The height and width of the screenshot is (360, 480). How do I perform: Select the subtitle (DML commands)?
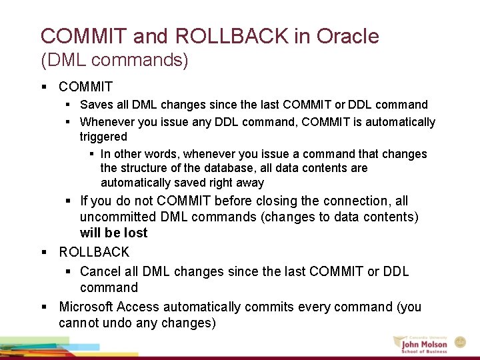pos(115,61)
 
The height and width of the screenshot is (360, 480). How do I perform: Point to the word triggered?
pos(103,137)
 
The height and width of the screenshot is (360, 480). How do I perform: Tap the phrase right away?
pos(237,183)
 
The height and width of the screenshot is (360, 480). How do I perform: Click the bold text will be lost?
pos(113,233)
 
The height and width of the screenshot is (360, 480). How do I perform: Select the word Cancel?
pos(99,271)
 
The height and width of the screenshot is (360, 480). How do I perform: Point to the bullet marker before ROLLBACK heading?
pos(43,253)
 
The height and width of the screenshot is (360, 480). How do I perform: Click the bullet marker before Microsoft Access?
pos(43,307)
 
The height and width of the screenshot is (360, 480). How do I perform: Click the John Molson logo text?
pos(424,344)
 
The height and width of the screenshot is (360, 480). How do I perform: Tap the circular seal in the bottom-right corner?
pos(460,342)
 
